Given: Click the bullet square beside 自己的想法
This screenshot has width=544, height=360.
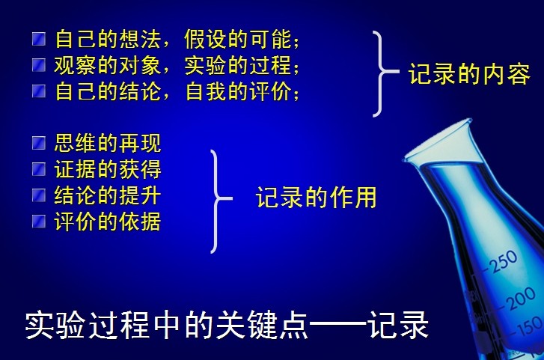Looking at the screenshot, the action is point(39,39).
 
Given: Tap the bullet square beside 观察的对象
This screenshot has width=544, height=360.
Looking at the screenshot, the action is point(39,65).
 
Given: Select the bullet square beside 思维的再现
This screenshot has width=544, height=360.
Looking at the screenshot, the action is point(39,143).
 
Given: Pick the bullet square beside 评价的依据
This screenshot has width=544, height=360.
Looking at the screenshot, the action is point(39,222).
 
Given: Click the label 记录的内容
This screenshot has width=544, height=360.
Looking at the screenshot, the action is point(469,74).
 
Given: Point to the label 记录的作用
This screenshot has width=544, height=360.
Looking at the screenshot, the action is point(316,197).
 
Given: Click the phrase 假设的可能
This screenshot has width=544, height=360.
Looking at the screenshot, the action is point(238,39).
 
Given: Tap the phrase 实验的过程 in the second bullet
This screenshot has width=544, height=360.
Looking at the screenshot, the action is point(238,65).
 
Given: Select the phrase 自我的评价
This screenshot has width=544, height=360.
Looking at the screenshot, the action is point(238,91).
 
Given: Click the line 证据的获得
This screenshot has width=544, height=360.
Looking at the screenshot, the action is point(108,169).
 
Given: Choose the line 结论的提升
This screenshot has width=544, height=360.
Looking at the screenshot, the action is point(108,195).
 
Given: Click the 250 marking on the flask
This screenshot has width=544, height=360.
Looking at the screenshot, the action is point(503,261).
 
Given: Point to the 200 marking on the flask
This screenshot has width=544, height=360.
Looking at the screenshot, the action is point(521,299).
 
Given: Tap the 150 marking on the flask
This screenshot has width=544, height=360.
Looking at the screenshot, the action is point(530,328).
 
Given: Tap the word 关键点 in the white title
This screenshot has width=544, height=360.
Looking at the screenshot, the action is point(262,325).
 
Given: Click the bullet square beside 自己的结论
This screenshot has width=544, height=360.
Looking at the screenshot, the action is point(39,91).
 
